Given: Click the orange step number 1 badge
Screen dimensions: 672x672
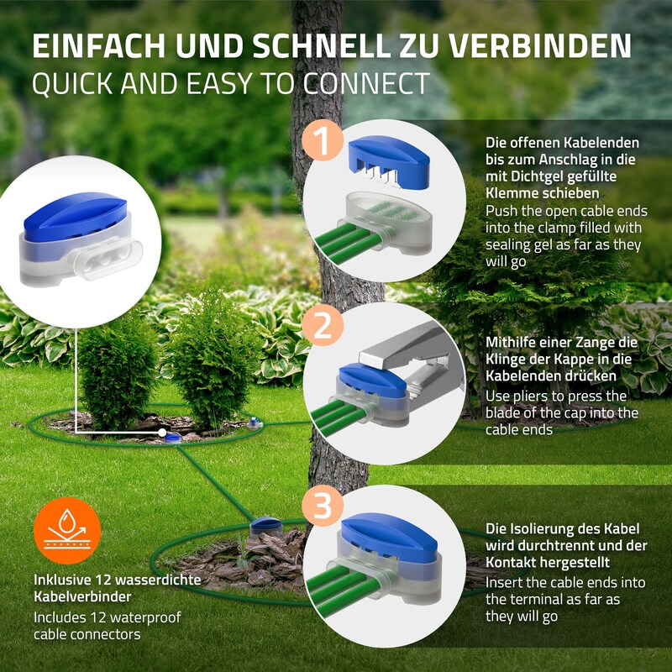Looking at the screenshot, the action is click(x=323, y=139).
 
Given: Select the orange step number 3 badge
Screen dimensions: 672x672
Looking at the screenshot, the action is click(x=323, y=506).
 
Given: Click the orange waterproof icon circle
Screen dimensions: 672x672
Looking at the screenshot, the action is click(x=67, y=531).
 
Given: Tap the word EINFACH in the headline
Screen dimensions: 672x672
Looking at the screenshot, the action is click(x=98, y=46).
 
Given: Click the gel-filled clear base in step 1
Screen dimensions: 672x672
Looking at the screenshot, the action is click(x=388, y=222).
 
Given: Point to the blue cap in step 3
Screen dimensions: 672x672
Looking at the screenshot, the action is click(x=389, y=537).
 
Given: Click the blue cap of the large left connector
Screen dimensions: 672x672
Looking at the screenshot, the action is click(x=75, y=216).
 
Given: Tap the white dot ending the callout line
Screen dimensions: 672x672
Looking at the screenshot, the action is click(x=162, y=433).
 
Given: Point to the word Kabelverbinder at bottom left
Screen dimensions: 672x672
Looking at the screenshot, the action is click(x=82, y=596).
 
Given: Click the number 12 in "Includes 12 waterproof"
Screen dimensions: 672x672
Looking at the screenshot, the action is click(x=99, y=617).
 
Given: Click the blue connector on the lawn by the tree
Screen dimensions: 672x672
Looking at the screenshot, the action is click(x=265, y=527).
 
